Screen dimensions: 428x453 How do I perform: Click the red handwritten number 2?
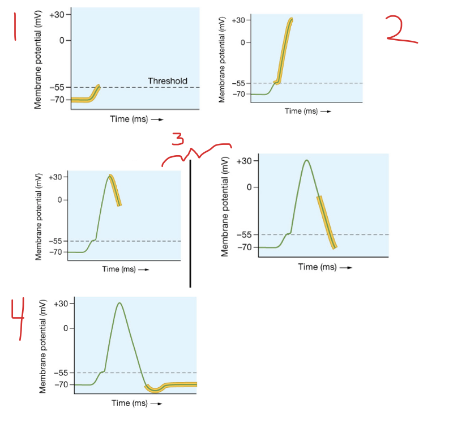[x=400, y=29]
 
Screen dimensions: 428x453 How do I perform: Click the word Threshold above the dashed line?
[x=167, y=81]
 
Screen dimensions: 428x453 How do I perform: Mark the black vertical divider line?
[x=190, y=224]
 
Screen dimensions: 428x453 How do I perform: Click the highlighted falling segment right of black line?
[x=327, y=222]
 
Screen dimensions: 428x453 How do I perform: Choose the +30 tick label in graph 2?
[x=238, y=20]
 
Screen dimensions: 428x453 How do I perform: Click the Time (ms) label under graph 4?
[x=129, y=403]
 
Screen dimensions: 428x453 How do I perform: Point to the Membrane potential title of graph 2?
[x=223, y=58]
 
